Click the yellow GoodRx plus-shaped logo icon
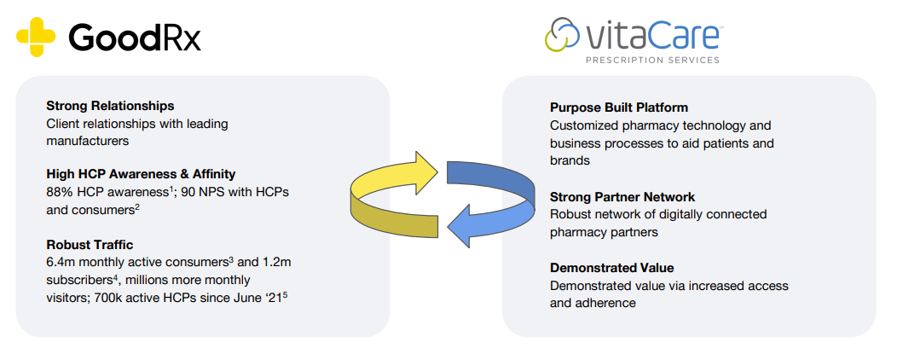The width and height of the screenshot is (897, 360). (x=35, y=36)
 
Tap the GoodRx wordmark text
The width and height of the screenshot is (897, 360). (x=134, y=37)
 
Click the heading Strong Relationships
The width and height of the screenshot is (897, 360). (x=110, y=106)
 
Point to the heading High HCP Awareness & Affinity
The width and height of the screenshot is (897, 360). (x=141, y=175)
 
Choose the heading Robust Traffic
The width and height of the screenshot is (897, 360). (x=90, y=245)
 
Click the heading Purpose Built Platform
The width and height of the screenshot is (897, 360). (x=619, y=107)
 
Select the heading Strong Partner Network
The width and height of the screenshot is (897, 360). (x=622, y=197)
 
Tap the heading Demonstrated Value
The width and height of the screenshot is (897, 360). (x=611, y=267)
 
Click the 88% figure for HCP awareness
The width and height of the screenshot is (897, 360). (x=61, y=193)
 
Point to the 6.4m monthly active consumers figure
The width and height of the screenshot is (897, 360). (x=61, y=263)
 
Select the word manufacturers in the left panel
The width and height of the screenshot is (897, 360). (x=87, y=141)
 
